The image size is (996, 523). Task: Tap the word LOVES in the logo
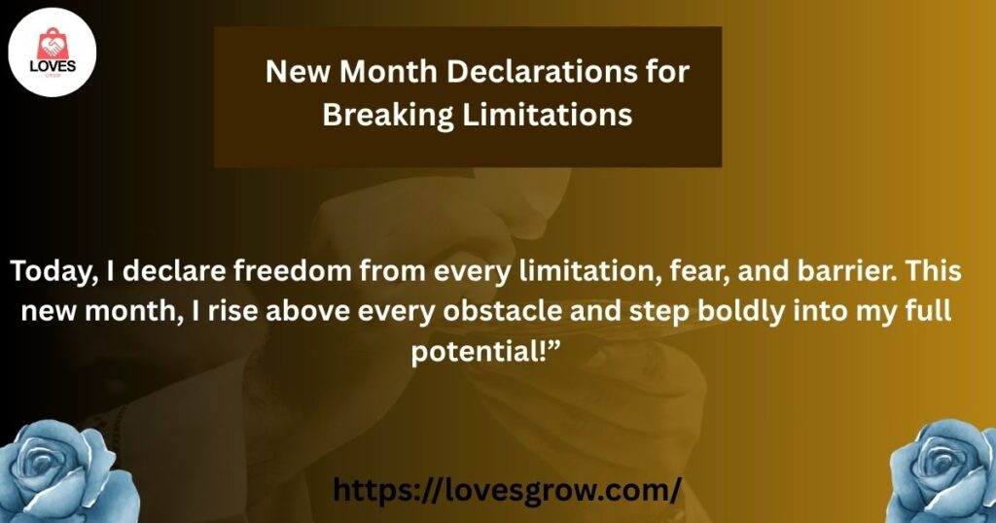coord(53,67)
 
